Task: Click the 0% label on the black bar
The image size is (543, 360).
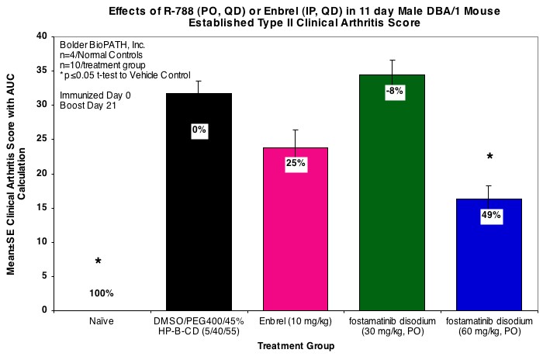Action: pos(199,130)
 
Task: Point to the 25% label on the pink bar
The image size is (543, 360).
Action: pos(296,164)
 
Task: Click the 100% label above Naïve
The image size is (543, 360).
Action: pos(102,293)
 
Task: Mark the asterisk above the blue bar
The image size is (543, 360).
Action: pos(489,157)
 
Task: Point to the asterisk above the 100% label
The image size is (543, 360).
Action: pos(98,262)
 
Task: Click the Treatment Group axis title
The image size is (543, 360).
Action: pos(296,346)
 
